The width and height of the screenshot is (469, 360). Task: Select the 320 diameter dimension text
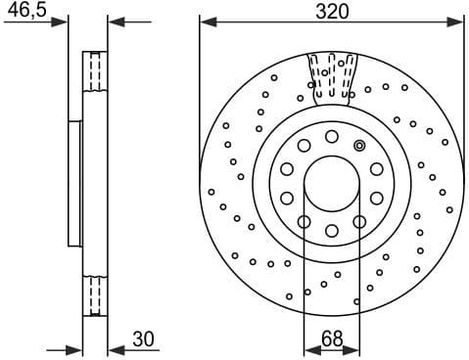coord(331,11)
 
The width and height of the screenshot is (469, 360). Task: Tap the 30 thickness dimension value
coord(144,339)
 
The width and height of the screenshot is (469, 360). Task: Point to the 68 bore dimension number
coord(331,339)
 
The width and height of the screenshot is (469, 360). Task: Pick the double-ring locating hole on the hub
coord(359,147)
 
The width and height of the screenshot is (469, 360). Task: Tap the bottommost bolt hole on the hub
coord(331,231)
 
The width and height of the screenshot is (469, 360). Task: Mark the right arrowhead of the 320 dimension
coord(456,22)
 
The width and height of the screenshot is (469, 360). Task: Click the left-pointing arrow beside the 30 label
coord(114,349)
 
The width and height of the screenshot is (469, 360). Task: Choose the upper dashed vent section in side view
coord(95,70)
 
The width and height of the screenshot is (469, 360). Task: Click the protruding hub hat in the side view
coord(74,183)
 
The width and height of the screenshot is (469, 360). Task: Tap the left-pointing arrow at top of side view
coord(114,22)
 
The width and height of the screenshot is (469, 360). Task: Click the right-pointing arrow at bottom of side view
coord(74,349)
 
